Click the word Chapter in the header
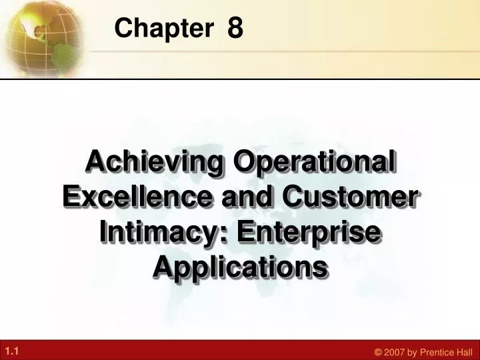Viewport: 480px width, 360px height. (x=164, y=27)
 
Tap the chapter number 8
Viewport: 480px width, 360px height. (x=235, y=27)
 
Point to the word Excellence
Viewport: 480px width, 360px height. (x=137, y=196)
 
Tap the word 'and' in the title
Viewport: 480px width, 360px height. (x=247, y=196)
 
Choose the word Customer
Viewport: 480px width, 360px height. (x=350, y=197)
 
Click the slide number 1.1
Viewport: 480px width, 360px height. (x=12, y=351)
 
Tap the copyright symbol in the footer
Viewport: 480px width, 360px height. (x=379, y=352)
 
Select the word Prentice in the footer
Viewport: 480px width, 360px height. (x=435, y=352)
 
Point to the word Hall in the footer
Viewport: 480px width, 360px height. (x=462, y=352)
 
